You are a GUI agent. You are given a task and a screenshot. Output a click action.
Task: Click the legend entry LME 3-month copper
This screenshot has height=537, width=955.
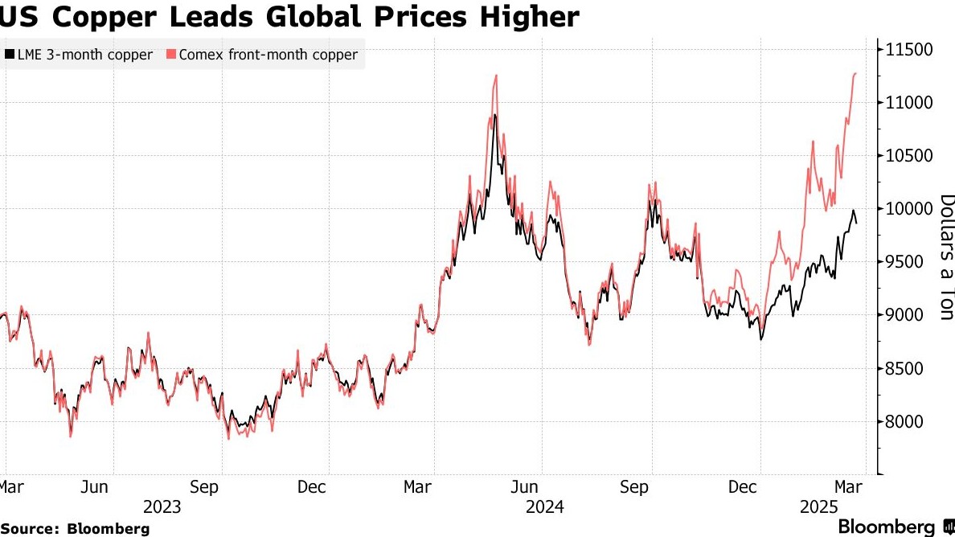coord(84,55)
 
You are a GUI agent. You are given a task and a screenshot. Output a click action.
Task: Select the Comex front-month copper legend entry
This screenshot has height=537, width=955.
coord(268,55)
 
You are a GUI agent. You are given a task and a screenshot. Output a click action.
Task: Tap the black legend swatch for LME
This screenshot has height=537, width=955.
coord(9,55)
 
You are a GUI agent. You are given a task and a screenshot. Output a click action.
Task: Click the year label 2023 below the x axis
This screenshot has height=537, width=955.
coord(162,507)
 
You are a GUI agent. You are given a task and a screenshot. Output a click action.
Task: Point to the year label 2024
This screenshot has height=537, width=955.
coord(545,507)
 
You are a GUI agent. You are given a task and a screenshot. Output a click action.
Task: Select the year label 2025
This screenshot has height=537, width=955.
coord(818,507)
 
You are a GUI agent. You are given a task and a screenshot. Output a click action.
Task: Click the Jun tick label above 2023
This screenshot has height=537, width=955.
coord(95,487)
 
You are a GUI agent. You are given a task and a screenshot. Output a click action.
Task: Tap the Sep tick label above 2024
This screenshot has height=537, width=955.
coord(634,487)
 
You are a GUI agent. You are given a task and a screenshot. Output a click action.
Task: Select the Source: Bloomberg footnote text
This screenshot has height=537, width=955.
coord(75,528)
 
